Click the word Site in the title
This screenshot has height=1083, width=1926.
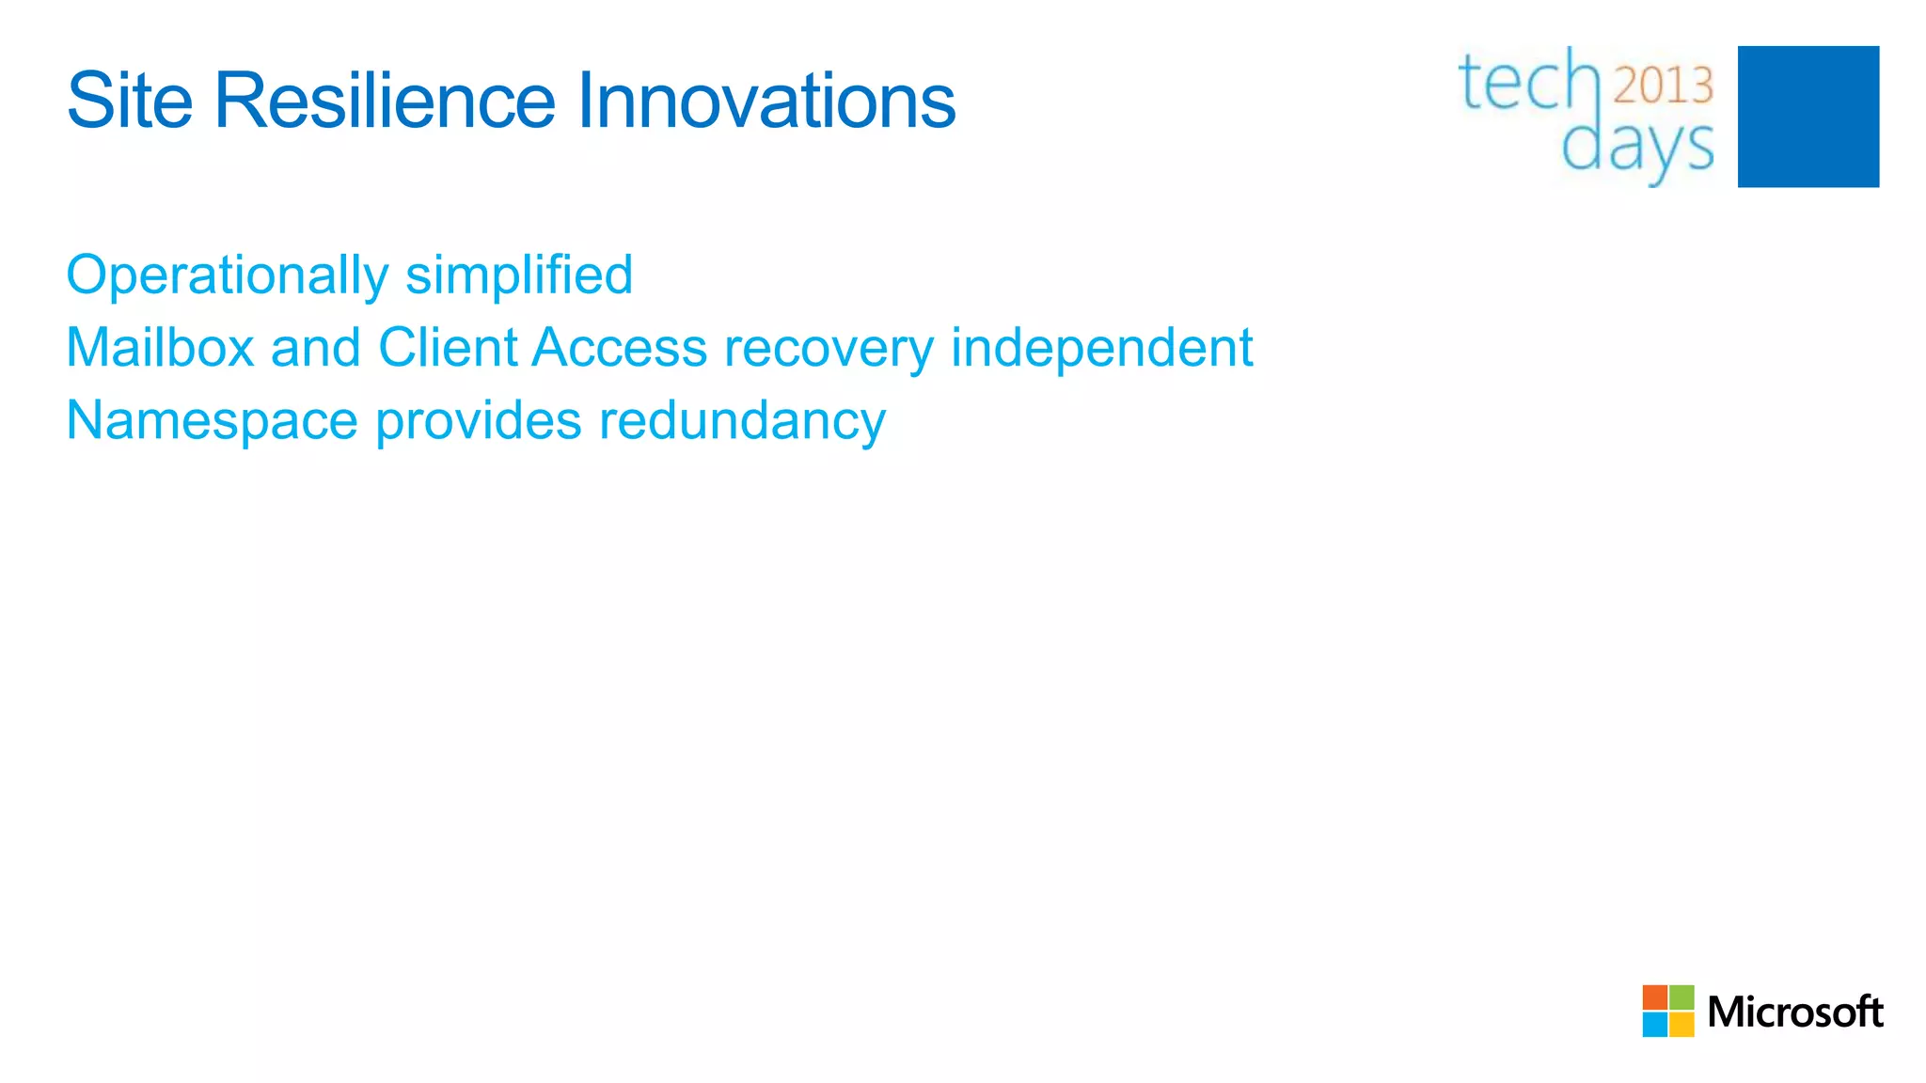[130, 101]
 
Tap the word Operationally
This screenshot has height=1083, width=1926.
[227, 275]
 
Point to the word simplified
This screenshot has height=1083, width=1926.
[519, 275]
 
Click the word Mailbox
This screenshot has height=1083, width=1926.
[160, 348]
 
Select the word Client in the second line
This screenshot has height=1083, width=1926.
[448, 348]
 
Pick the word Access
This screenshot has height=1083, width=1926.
[619, 348]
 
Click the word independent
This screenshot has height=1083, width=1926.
[1101, 348]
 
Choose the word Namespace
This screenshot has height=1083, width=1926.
[212, 421]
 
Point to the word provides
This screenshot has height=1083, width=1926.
[478, 421]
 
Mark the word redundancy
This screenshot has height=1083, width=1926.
[742, 421]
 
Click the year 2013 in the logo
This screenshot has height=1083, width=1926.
[1663, 86]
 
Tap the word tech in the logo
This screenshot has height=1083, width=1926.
[1528, 83]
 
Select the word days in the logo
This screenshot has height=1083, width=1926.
[1637, 148]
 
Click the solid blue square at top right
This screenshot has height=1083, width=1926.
[1808, 117]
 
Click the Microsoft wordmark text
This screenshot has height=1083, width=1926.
[1794, 1012]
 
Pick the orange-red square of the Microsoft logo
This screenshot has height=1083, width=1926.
[1654, 997]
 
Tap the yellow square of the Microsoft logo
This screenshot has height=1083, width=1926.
[1681, 1025]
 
